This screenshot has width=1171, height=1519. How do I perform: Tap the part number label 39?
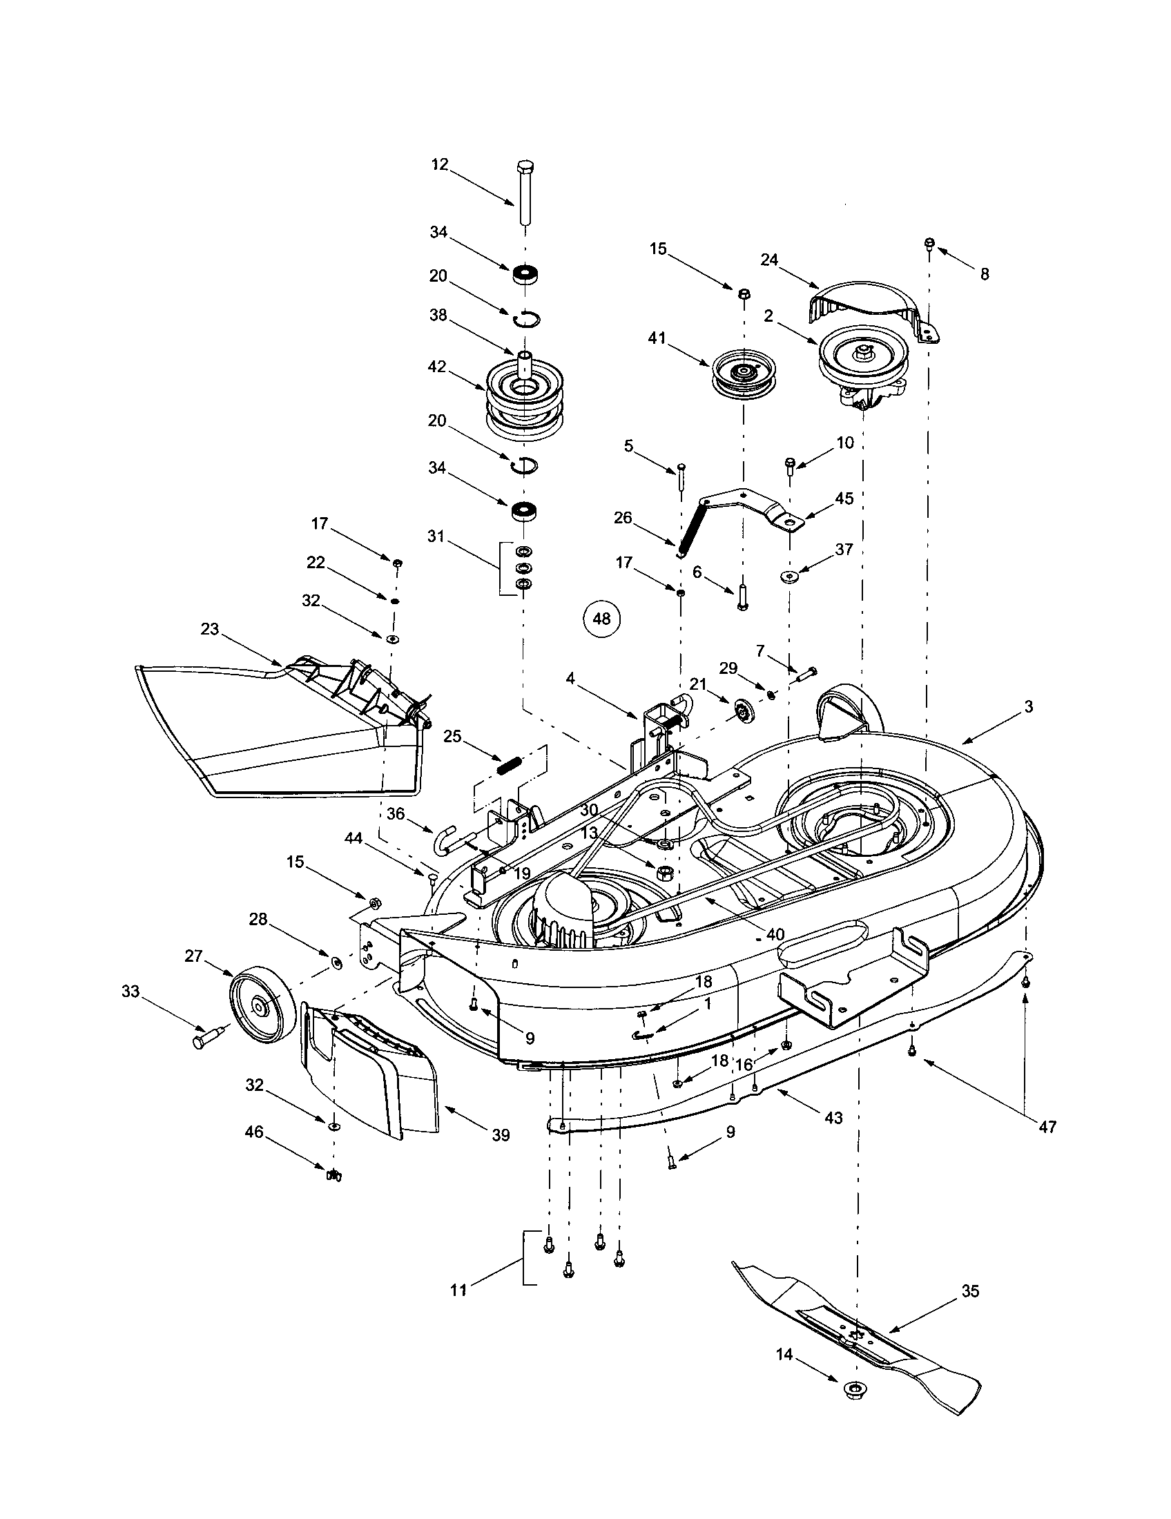pyautogui.click(x=501, y=1135)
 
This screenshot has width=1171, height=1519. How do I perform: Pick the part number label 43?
pyautogui.click(x=833, y=1117)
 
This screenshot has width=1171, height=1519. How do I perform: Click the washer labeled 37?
pyautogui.click(x=791, y=575)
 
